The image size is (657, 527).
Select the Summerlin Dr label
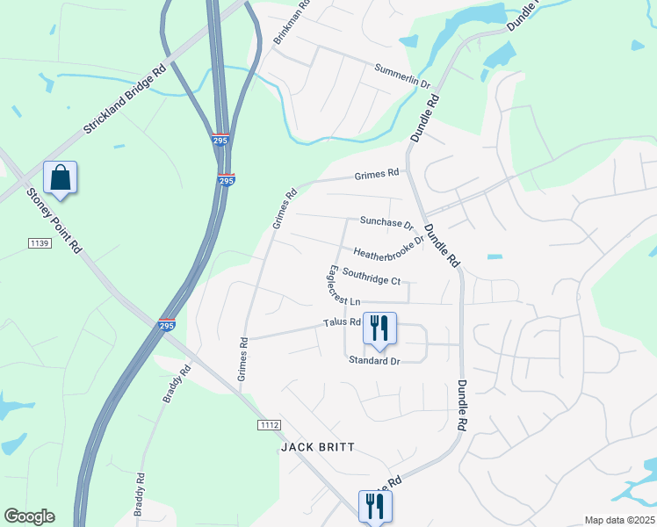coord(402,76)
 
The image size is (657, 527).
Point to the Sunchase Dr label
coord(386,221)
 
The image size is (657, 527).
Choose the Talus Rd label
coord(343,322)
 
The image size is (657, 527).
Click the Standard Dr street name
coord(374,360)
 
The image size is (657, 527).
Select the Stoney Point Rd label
coord(54,221)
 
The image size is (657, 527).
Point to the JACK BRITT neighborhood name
coord(318,447)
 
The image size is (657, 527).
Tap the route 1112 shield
coord(270,425)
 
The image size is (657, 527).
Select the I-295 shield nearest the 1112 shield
coord(166,324)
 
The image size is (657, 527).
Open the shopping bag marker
coord(61,177)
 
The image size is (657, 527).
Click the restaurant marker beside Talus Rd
coord(379,328)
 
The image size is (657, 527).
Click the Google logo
coord(29,516)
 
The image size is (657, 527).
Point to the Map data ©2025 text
coord(620,520)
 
